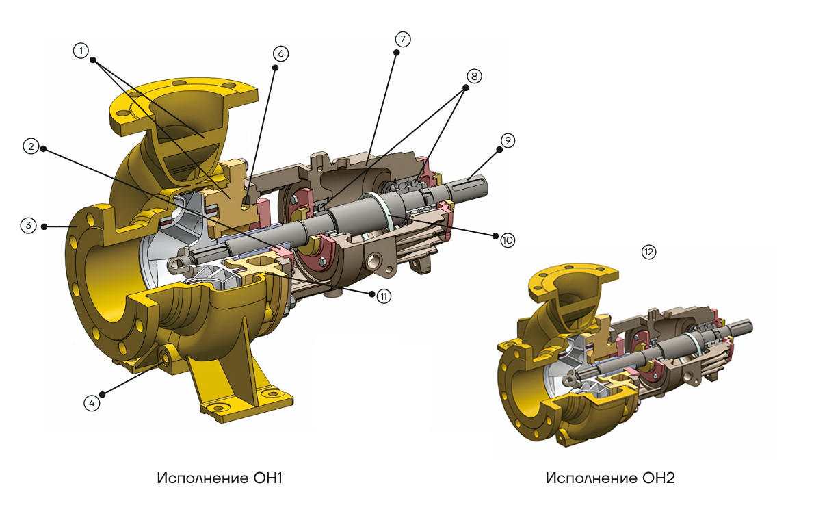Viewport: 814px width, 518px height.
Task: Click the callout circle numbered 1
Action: (x=81, y=51)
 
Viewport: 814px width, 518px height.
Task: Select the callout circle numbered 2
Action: (x=31, y=146)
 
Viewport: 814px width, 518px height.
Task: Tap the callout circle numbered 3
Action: (x=29, y=226)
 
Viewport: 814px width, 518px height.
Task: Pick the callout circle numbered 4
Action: (x=92, y=402)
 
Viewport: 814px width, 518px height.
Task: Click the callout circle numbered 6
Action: (x=280, y=53)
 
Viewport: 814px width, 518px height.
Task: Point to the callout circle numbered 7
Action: (x=402, y=39)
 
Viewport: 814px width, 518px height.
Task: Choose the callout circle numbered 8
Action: (x=474, y=77)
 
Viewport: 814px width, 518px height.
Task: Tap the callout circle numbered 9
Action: (x=508, y=140)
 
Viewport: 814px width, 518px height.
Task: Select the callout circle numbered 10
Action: (x=507, y=240)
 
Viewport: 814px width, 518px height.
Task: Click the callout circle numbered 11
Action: (x=384, y=296)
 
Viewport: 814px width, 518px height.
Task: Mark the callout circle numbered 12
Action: (x=649, y=252)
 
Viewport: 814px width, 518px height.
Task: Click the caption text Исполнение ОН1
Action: (x=220, y=478)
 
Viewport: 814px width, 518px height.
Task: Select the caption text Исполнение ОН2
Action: (x=610, y=478)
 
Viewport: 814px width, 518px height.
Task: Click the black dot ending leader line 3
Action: (x=44, y=226)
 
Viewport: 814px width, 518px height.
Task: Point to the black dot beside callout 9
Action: (x=499, y=149)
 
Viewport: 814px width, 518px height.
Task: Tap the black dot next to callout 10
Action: (x=496, y=235)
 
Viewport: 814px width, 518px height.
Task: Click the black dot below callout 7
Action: (x=396, y=53)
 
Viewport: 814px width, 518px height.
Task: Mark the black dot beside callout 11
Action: (x=371, y=294)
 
